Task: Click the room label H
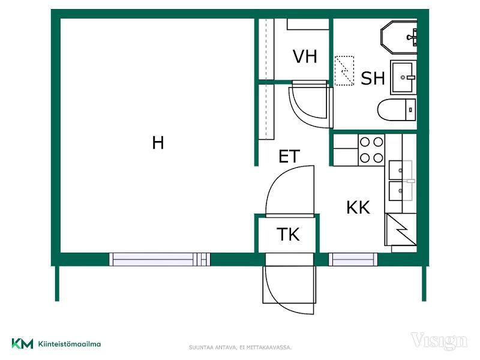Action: click(158, 143)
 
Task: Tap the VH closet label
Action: click(305, 56)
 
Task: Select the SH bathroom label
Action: click(373, 78)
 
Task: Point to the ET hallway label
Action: click(289, 157)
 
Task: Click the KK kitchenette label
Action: click(358, 208)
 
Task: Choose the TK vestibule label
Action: click(288, 235)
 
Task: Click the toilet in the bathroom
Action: click(397, 110)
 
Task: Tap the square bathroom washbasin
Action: click(403, 77)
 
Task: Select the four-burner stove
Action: click(371, 150)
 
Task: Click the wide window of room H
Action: click(160, 259)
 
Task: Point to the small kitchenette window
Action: click(353, 259)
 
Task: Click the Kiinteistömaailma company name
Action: click(70, 344)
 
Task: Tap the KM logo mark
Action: click(22, 343)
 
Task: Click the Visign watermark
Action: click(439, 341)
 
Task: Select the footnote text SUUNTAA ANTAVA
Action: click(213, 347)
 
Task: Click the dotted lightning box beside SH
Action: click(344, 71)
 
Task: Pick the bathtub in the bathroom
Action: click(399, 37)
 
